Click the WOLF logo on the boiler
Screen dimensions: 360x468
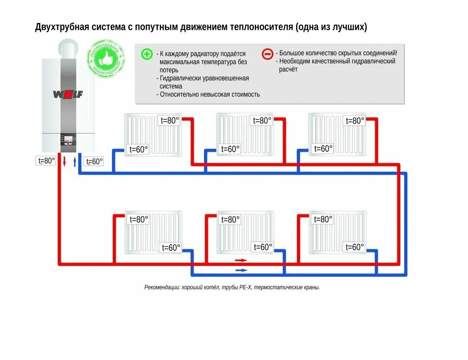(x=68, y=94)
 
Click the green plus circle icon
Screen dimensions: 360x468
(x=147, y=54)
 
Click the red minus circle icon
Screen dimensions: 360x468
(x=267, y=54)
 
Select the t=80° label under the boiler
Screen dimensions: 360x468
(x=46, y=161)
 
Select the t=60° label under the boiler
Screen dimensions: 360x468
(x=94, y=161)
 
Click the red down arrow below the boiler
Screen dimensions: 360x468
(x=64, y=162)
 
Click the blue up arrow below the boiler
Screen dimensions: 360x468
(x=75, y=162)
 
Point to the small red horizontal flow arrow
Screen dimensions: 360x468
(x=241, y=260)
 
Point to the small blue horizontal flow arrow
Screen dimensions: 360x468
(x=241, y=270)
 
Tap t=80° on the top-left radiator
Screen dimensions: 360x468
(x=170, y=121)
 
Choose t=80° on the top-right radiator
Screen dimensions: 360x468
(x=354, y=121)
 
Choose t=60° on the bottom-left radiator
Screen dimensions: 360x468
(x=171, y=248)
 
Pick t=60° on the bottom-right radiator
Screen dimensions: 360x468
(x=354, y=247)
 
